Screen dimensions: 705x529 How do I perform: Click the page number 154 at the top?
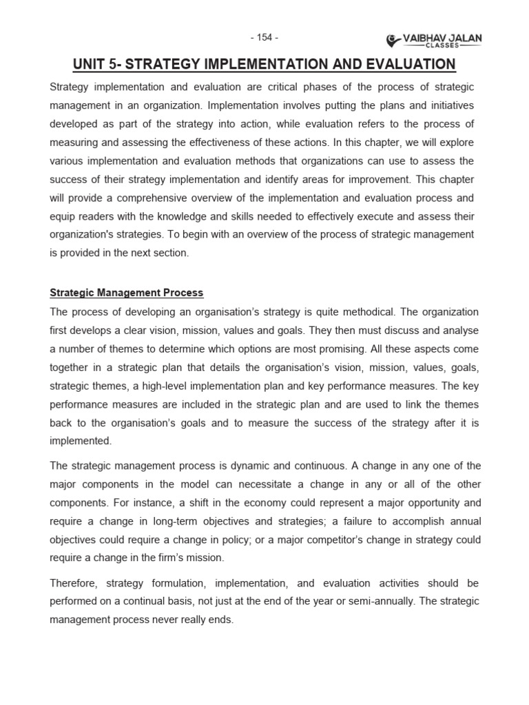point(264,36)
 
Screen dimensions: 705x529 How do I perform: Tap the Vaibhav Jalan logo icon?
point(393,40)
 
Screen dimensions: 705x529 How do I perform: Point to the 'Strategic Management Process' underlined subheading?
point(127,293)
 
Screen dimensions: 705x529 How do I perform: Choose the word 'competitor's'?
point(357,539)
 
